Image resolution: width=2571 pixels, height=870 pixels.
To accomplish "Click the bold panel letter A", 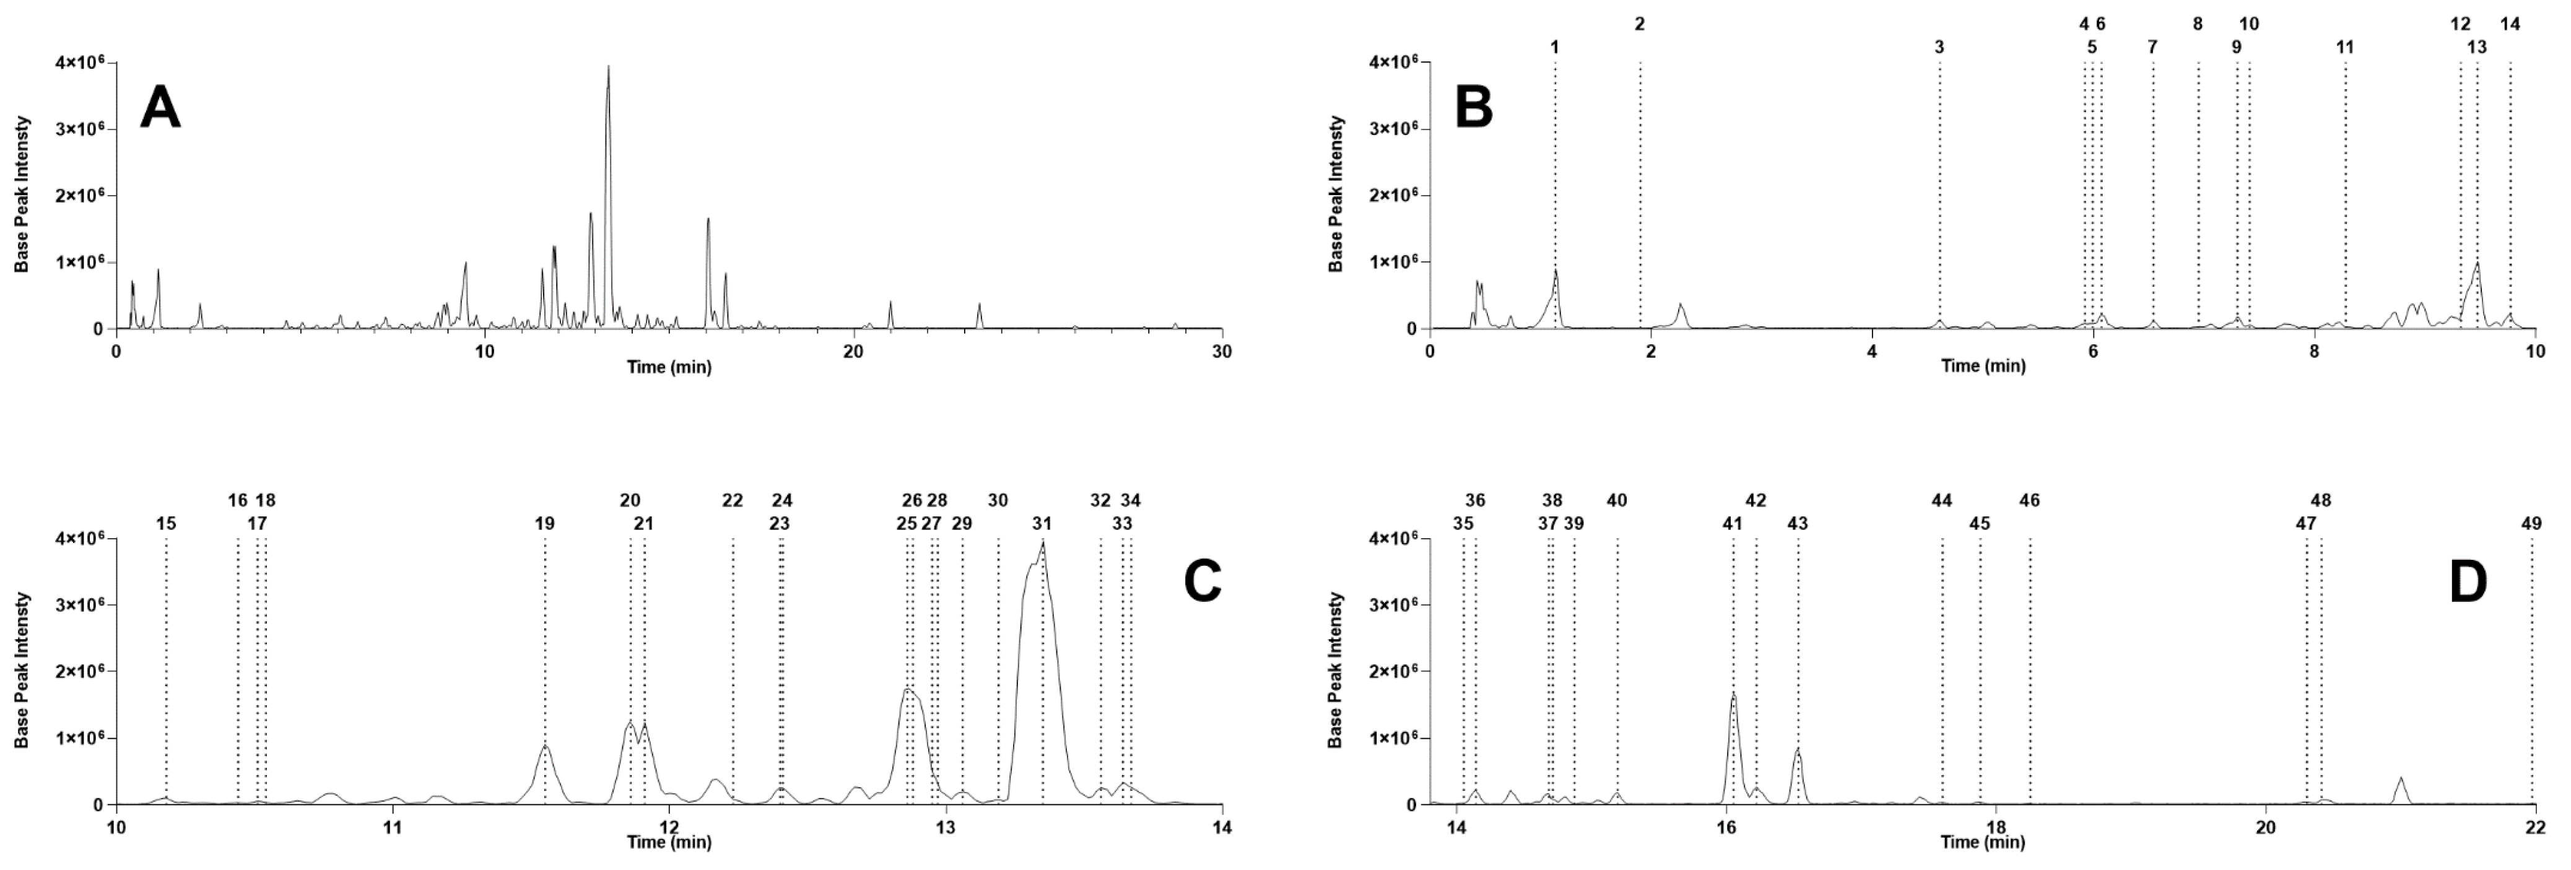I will (161, 108).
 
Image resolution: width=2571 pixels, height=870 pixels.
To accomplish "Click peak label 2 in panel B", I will (1640, 24).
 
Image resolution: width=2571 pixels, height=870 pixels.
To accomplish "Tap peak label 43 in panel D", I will (1798, 523).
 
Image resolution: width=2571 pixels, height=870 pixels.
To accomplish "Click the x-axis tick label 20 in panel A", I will (852, 350).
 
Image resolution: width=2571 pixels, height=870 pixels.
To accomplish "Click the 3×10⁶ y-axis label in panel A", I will (83, 129).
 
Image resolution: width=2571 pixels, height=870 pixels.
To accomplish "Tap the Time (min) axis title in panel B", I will (1983, 366).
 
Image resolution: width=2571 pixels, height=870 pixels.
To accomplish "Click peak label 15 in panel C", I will (166, 523).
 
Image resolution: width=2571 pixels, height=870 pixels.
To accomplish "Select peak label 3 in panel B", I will (1939, 47).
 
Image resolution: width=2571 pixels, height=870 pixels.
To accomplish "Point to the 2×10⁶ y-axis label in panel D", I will (1398, 671).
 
